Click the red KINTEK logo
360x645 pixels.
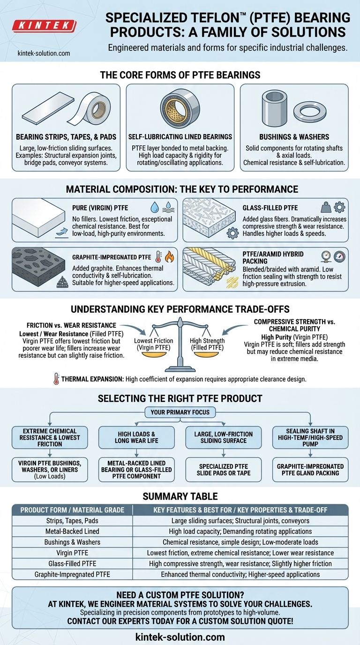click(x=44, y=26)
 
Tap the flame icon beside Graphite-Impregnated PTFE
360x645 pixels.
click(x=169, y=256)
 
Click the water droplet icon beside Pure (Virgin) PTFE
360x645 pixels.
click(x=155, y=207)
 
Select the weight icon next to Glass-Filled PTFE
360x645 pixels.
click(x=326, y=207)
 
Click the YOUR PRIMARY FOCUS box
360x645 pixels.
click(x=180, y=412)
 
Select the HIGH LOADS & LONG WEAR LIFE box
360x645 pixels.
click(x=136, y=437)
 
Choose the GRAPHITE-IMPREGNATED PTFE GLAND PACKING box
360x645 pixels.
click(x=310, y=470)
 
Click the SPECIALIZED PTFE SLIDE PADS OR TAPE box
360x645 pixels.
click(x=224, y=470)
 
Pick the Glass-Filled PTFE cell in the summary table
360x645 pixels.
click(x=72, y=563)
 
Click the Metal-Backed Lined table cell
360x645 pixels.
click(x=72, y=531)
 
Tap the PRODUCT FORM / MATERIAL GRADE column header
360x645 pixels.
click(x=72, y=510)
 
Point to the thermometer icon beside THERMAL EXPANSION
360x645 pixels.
click(x=56, y=379)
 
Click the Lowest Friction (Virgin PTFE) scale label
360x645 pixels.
click(x=153, y=344)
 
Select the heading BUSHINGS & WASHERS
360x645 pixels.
click(x=294, y=137)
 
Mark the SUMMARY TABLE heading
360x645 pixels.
click(x=180, y=496)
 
